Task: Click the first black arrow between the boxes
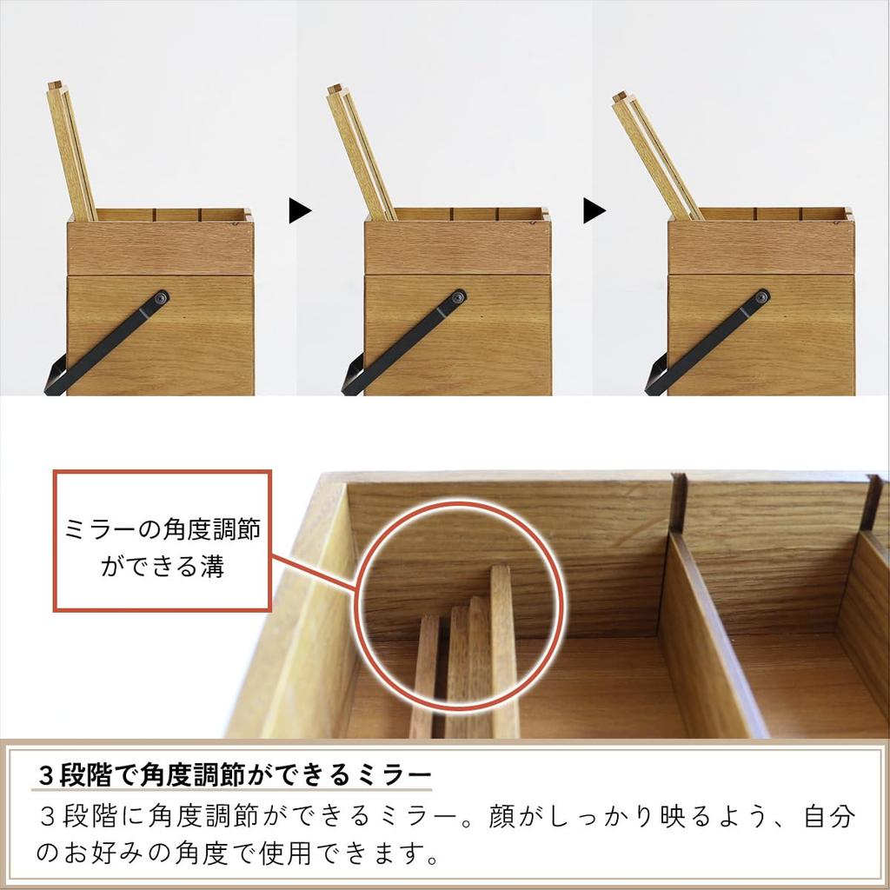pyautogui.click(x=300, y=209)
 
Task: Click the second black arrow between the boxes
pyautogui.click(x=594, y=210)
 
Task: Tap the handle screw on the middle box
pyautogui.click(x=459, y=297)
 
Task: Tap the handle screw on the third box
pyautogui.click(x=761, y=297)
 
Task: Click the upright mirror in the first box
pyautogui.click(x=71, y=152)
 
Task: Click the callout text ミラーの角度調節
pyautogui.click(x=163, y=529)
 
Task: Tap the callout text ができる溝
pyautogui.click(x=163, y=567)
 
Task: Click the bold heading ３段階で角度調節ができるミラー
pyautogui.click(x=236, y=773)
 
